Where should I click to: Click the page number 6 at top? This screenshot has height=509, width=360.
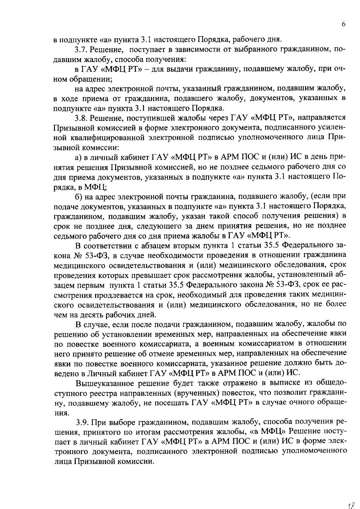344,24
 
